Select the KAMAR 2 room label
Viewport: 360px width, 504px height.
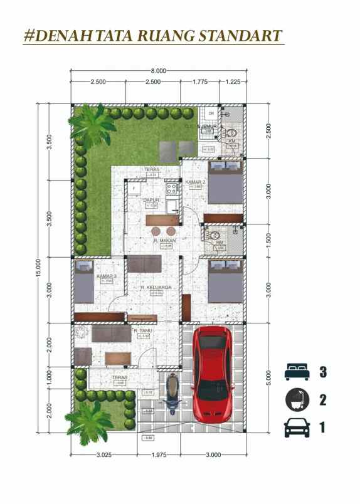tap(193, 182)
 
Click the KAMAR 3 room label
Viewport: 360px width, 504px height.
tap(105, 276)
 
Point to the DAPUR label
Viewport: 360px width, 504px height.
tap(151, 200)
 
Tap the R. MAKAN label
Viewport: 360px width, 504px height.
tap(164, 241)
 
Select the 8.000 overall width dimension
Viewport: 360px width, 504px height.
tap(159, 71)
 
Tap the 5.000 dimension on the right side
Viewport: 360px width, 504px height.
tap(268, 377)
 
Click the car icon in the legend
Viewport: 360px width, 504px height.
tap(297, 428)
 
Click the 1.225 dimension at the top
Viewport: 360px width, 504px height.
tap(233, 81)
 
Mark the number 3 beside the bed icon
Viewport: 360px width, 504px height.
tap(323, 372)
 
